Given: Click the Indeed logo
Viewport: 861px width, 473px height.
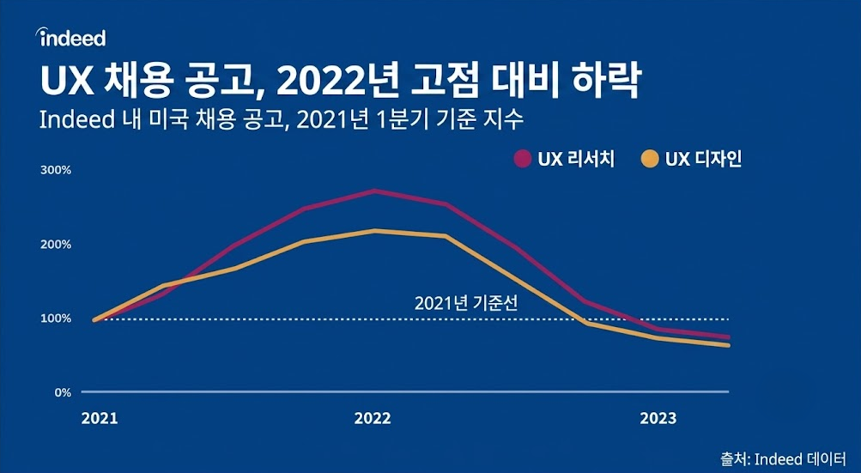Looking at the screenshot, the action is [70, 38].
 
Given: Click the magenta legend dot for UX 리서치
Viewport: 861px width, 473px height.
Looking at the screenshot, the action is [522, 160].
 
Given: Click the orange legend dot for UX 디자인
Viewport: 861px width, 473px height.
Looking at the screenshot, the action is [650, 160].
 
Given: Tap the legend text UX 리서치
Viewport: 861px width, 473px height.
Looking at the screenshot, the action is [576, 160].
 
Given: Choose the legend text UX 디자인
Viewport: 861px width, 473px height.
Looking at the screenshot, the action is [703, 160].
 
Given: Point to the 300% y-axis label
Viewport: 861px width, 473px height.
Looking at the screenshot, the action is [56, 170].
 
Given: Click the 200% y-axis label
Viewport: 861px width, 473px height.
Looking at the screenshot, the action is [56, 245].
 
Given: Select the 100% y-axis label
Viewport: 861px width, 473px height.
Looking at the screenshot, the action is [56, 318].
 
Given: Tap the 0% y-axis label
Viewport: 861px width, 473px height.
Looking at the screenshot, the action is [64, 393].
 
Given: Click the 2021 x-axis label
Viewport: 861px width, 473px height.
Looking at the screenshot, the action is [100, 419].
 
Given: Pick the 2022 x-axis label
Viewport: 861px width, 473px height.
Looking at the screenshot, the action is [373, 419].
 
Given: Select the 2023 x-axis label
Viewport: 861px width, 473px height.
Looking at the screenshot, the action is [658, 419].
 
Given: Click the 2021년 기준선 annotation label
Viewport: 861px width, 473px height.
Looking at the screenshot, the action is [466, 304].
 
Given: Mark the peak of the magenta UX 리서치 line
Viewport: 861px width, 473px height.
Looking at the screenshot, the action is [374, 191].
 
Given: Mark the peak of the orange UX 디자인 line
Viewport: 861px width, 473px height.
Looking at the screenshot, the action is [374, 231].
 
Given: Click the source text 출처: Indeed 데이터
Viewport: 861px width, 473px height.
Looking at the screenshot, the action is [784, 458].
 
